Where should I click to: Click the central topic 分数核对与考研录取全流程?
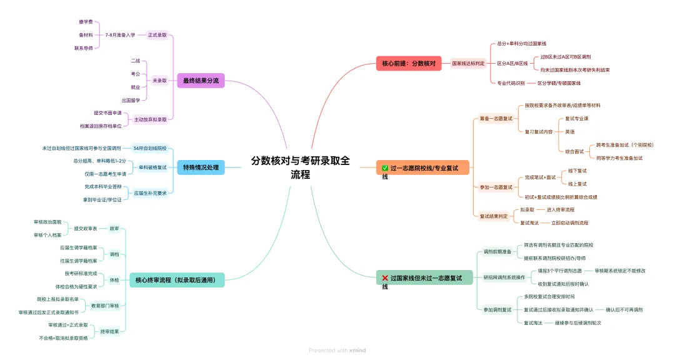click(x=301, y=167)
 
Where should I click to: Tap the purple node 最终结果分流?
click(x=200, y=80)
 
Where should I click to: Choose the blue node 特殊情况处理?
click(x=200, y=167)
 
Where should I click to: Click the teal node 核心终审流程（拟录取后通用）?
click(x=176, y=279)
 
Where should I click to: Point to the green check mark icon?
click(x=385, y=167)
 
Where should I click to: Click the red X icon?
click(x=385, y=277)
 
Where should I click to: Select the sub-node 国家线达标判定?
click(x=468, y=63)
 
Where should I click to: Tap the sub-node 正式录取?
click(x=157, y=35)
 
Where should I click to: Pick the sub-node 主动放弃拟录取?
click(x=151, y=119)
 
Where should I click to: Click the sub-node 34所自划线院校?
click(x=150, y=148)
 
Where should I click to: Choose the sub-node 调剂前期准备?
click(x=497, y=252)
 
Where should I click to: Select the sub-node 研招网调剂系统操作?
click(x=504, y=277)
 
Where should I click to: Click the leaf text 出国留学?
click(x=131, y=100)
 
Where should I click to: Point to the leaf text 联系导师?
click(x=83, y=47)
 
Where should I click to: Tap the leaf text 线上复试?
click(x=577, y=184)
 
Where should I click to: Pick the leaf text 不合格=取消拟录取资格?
click(x=63, y=337)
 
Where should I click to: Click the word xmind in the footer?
click(x=357, y=351)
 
